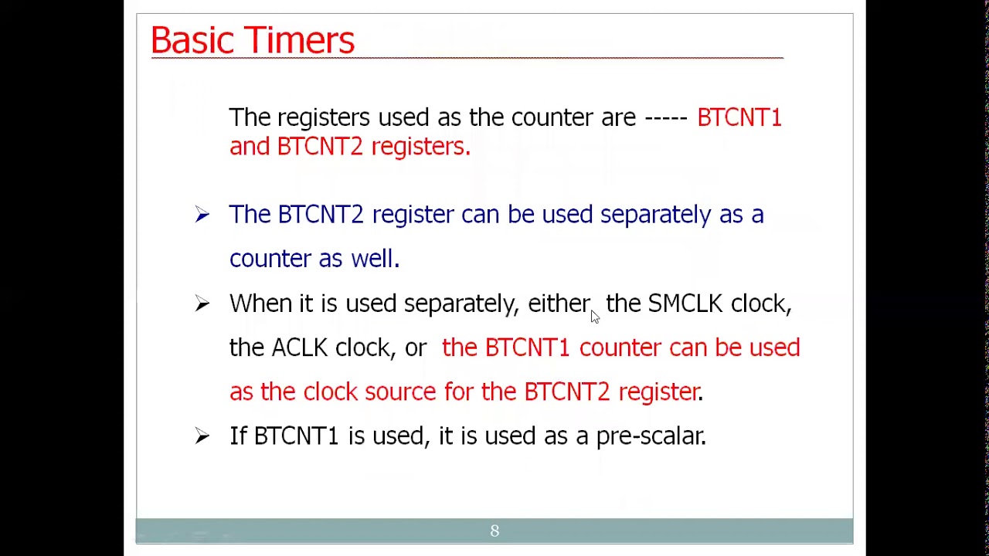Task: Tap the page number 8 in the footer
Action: click(x=494, y=531)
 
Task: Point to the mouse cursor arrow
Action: click(x=594, y=316)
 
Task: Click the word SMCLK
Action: click(x=685, y=303)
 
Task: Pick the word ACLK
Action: click(x=299, y=348)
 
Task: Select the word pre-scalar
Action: click(x=651, y=436)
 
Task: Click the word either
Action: click(x=559, y=303)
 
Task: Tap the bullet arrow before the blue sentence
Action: click(x=202, y=215)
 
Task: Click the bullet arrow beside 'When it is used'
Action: click(x=202, y=304)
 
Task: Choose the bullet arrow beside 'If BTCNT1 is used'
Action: click(x=202, y=437)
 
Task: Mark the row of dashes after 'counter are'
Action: click(x=665, y=118)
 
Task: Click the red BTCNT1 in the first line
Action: click(x=739, y=117)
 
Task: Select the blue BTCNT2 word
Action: click(x=320, y=215)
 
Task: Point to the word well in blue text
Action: click(x=374, y=259)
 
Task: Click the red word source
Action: click(x=400, y=392)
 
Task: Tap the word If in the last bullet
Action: click(x=237, y=436)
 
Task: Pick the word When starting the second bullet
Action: click(x=260, y=303)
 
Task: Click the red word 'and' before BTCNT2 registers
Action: click(x=249, y=147)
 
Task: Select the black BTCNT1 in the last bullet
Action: click(x=296, y=436)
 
